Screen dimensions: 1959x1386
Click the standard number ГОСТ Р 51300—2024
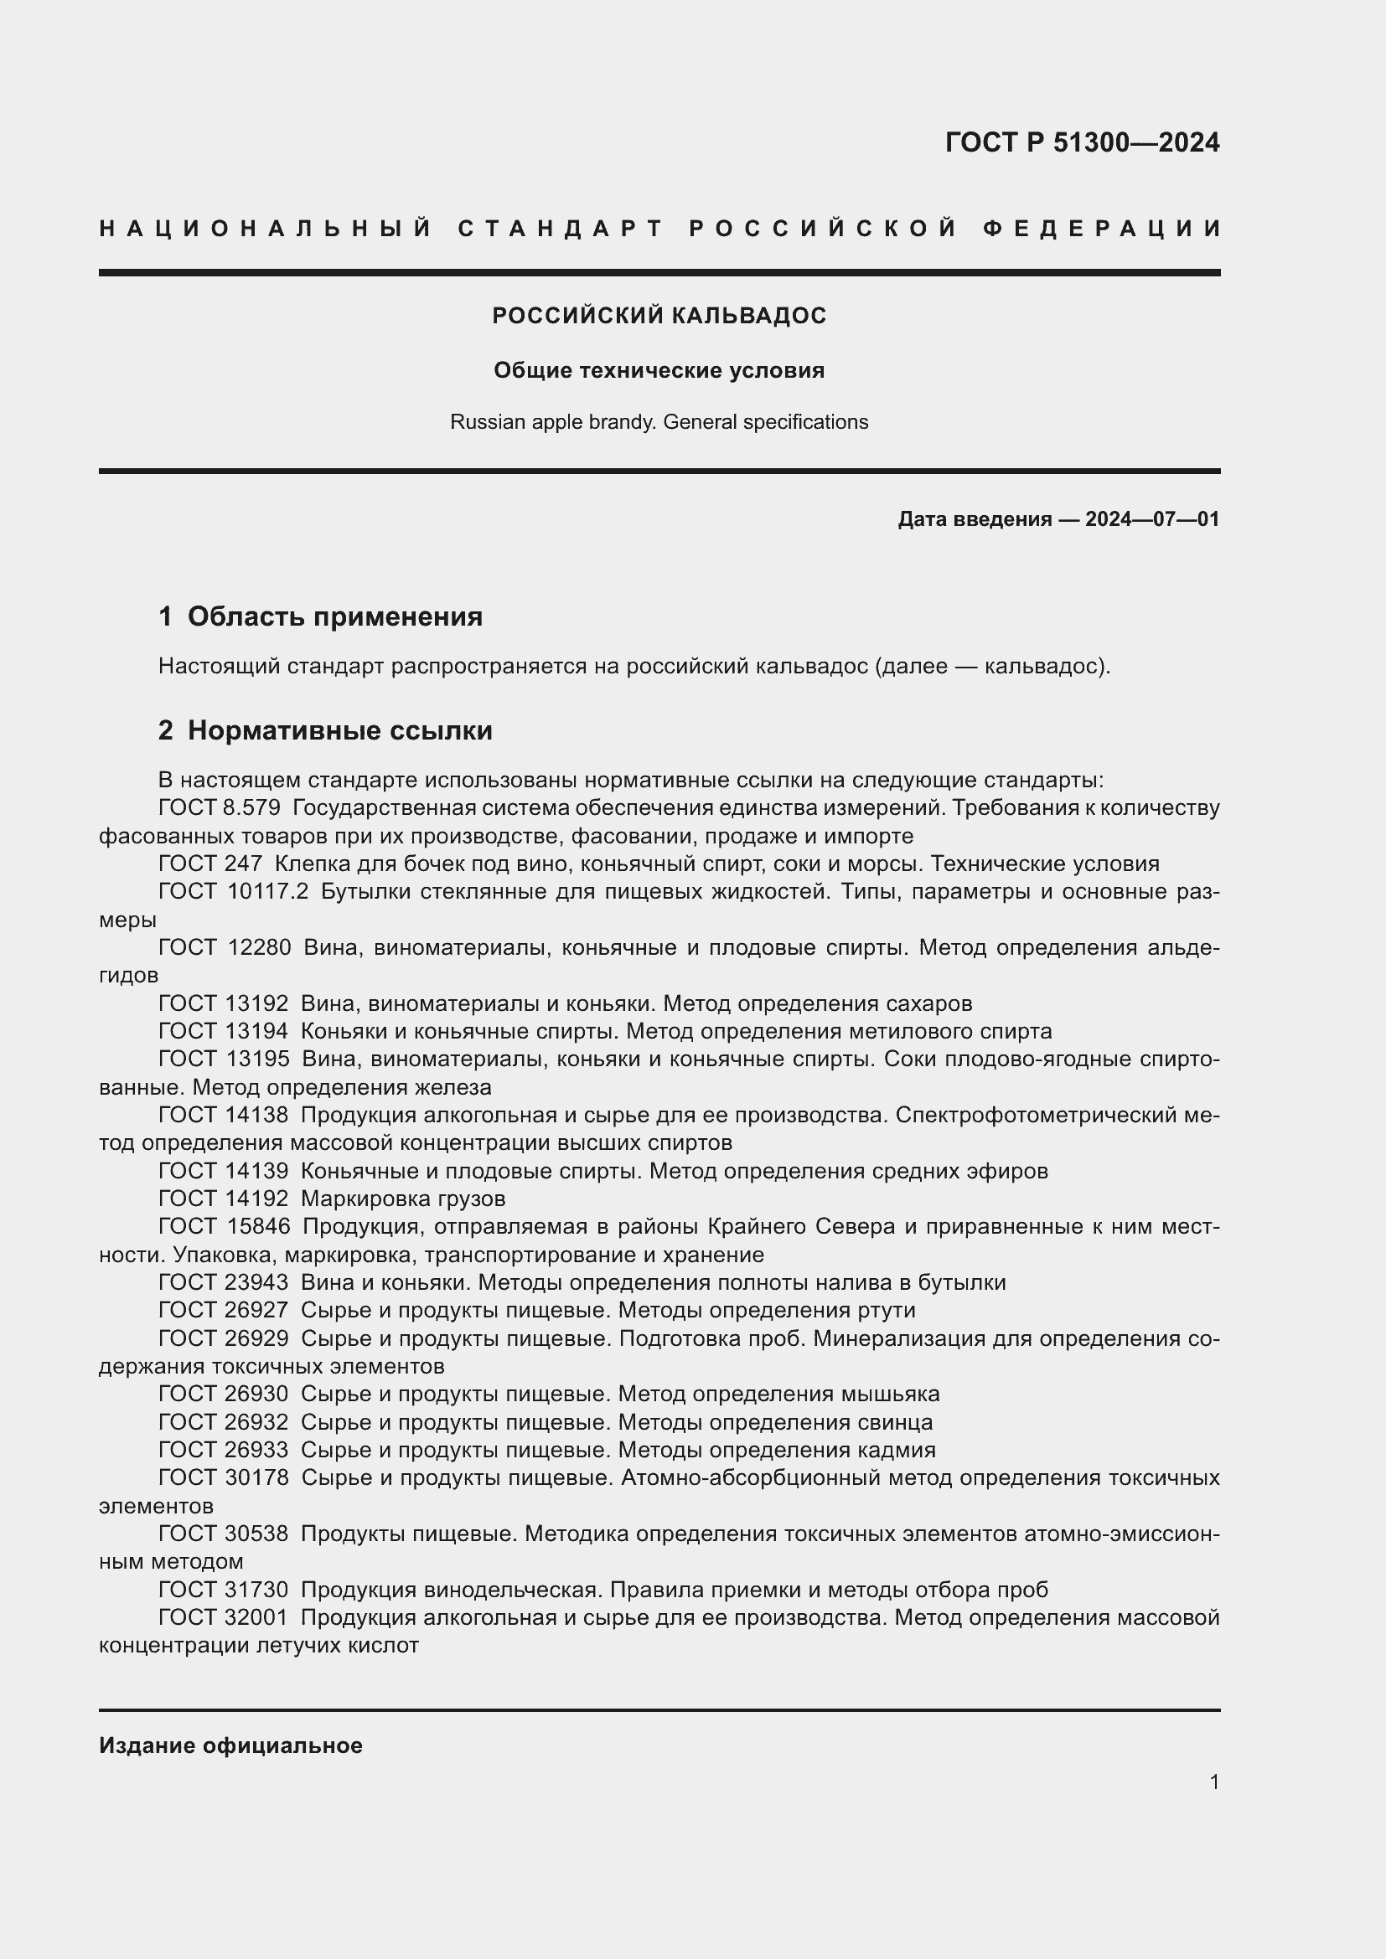pos(1081,142)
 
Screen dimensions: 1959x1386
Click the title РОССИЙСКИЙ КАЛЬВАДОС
pos(659,316)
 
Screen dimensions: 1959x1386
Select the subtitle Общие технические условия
pos(659,370)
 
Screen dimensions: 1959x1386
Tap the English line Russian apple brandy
pos(659,421)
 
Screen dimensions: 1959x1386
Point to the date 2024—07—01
pos(1151,518)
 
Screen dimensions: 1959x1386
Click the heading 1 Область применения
pos(320,616)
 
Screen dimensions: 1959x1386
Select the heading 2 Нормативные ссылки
pos(325,730)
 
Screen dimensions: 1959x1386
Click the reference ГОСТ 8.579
pos(220,807)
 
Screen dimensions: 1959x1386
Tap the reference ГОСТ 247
pos(210,864)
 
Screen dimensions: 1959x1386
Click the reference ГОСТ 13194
pos(223,1032)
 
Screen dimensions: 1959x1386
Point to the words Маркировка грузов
pos(403,1199)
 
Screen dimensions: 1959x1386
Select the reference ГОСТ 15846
pos(224,1227)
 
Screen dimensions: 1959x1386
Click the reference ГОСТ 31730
pos(223,1590)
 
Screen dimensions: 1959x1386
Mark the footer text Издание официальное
pos(230,1745)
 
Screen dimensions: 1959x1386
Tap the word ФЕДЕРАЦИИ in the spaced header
pos(1102,229)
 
